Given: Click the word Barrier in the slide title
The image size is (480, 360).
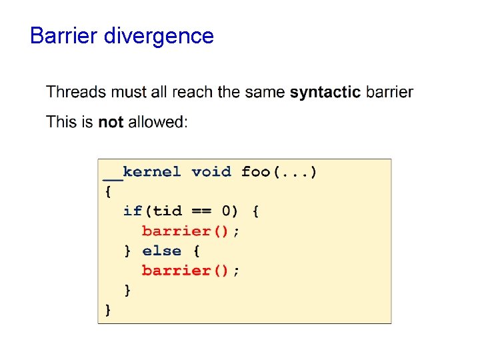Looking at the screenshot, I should (x=64, y=35).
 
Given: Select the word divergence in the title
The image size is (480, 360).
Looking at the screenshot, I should (x=159, y=36).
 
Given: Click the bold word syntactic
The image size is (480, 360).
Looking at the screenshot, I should (x=325, y=93).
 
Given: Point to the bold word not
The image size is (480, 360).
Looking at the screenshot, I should (x=111, y=122).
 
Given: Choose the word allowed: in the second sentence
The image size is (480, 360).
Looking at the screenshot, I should (x=158, y=122).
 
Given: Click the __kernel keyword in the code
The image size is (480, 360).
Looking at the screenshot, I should (x=142, y=172).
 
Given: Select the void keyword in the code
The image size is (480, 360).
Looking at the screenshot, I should (x=211, y=172).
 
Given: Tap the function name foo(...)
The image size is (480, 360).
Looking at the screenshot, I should (x=279, y=172).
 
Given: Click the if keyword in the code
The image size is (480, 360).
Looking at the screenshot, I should (x=133, y=211).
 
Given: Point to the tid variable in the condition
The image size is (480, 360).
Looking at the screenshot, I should (x=167, y=211).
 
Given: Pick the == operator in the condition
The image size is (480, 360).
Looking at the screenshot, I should (x=201, y=211).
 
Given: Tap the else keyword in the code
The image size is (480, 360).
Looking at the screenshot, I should (x=162, y=251).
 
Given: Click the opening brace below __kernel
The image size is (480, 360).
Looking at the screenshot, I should (x=108, y=191).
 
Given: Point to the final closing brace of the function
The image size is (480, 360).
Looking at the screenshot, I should (x=108, y=309).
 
